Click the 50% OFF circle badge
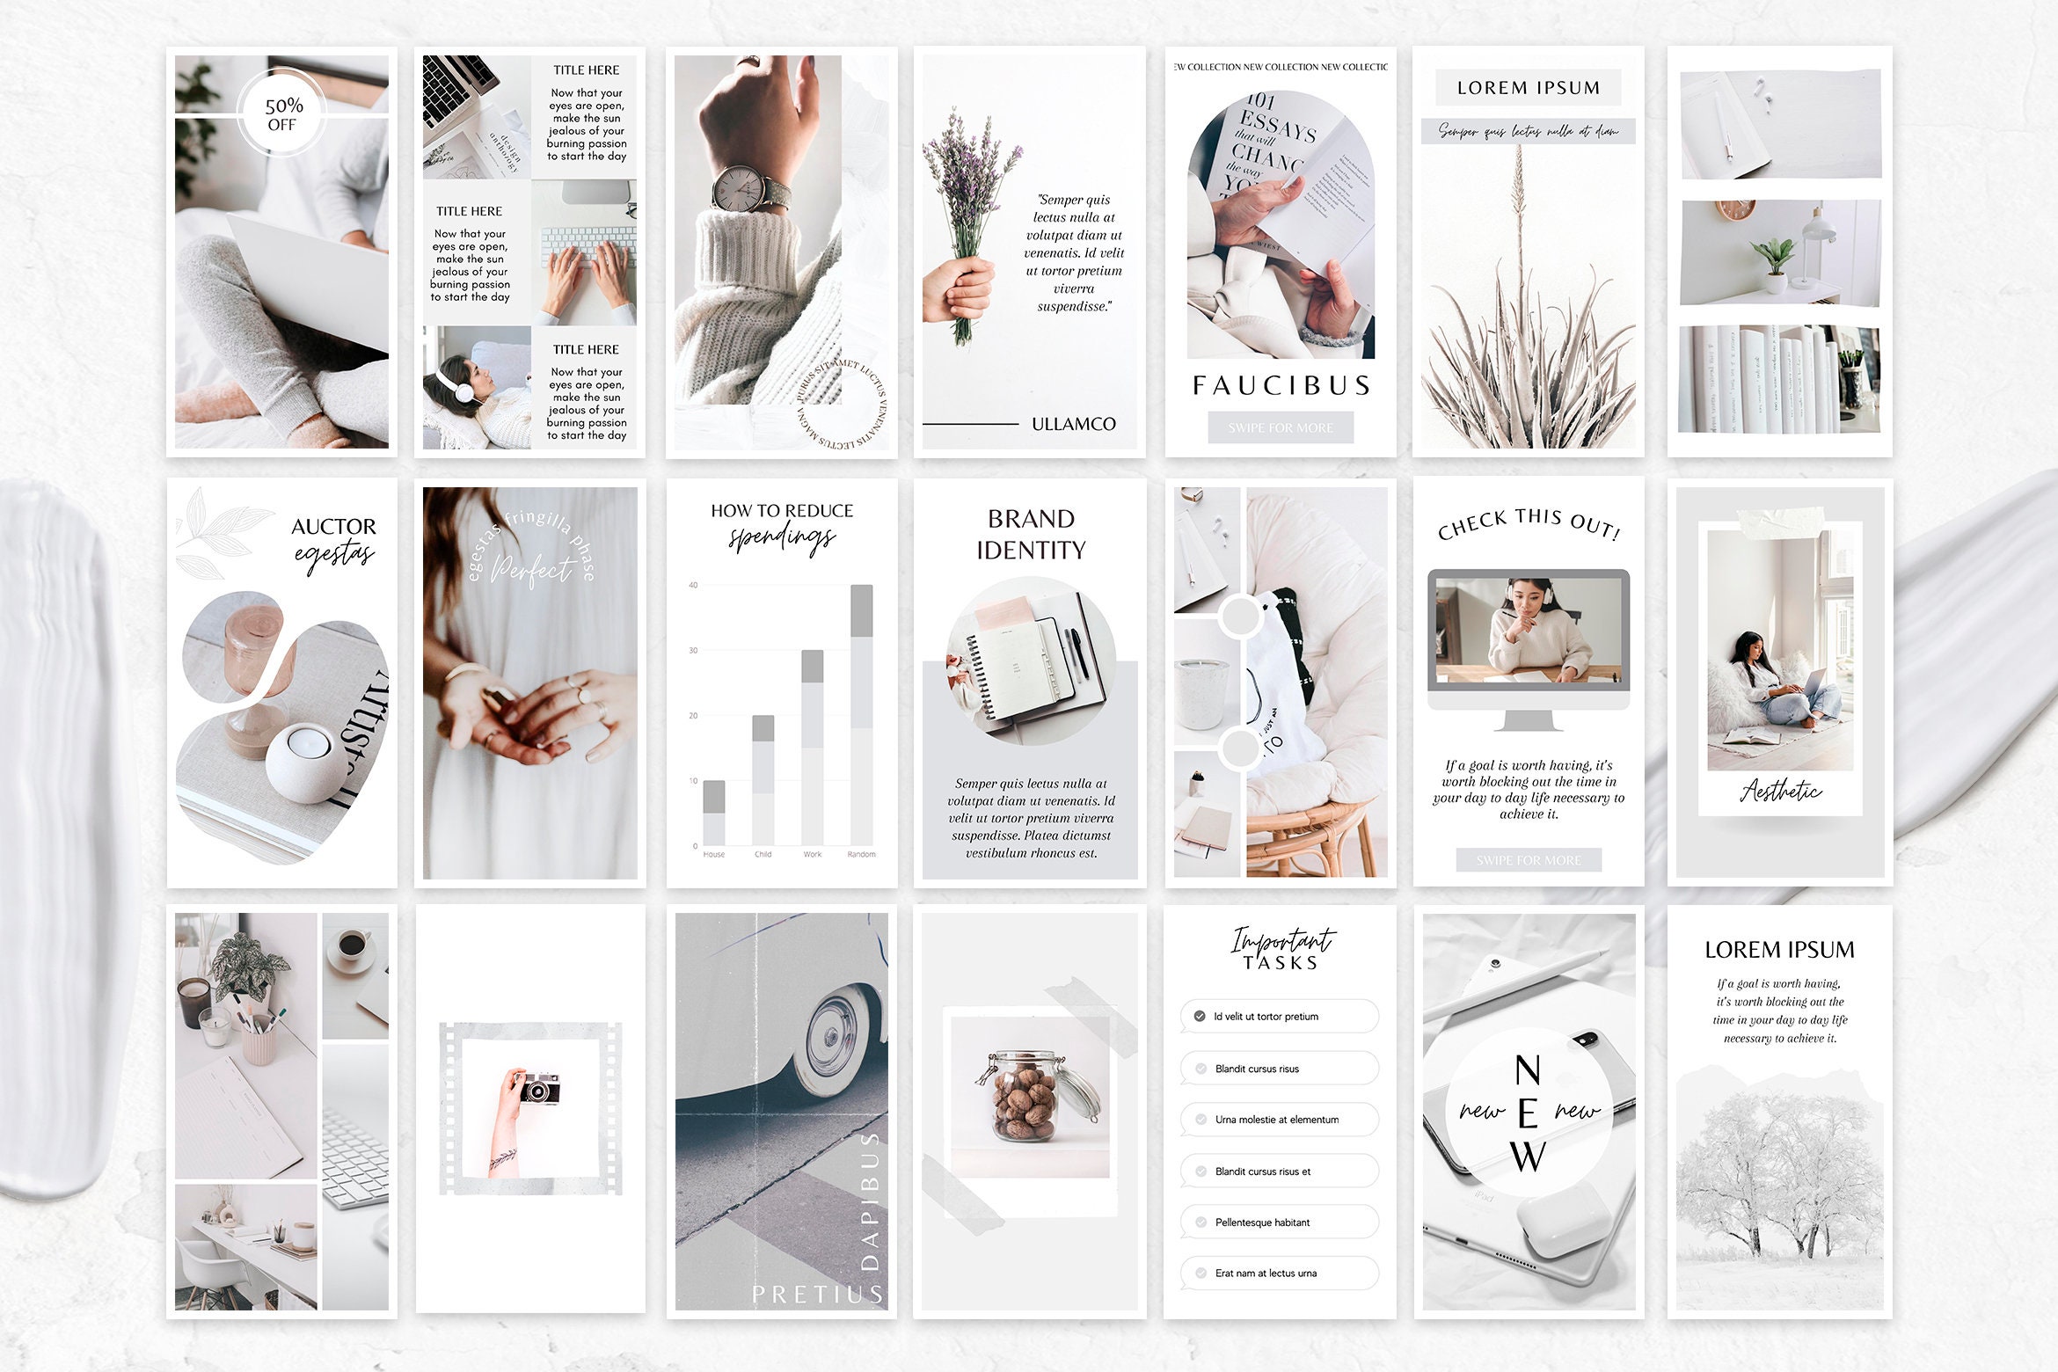pos(282,114)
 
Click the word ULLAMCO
pos(1073,424)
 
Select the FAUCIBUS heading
pos(1281,385)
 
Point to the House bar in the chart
pos(714,813)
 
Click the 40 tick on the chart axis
pos(693,585)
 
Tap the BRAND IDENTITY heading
pos(1031,534)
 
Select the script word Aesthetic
pos(1780,791)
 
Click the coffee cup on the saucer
pos(352,945)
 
